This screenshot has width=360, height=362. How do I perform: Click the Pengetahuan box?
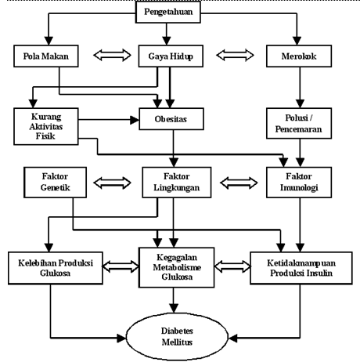pos(168,12)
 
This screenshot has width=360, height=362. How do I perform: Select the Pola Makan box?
pos(46,56)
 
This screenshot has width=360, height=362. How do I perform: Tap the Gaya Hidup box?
pos(171,56)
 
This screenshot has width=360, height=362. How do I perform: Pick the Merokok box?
pos(299,56)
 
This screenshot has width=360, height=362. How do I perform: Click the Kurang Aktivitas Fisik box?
pos(46,126)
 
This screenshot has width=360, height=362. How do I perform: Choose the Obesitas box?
pos(171,119)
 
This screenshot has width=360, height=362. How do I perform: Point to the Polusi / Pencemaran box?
pos(299,123)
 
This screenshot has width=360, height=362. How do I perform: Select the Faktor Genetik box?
pos(55,183)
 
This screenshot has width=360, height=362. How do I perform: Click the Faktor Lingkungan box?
pos(177,183)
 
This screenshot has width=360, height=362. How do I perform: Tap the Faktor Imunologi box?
pos(299,183)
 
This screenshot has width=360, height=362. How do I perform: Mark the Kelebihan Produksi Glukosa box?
pos(56,268)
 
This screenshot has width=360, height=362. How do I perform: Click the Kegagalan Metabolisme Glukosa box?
pos(177,267)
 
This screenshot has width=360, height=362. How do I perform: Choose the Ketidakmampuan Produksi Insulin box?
pos(301,268)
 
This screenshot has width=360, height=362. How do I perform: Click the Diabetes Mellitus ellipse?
pos(177,337)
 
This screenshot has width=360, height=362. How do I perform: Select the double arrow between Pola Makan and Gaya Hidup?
pos(112,56)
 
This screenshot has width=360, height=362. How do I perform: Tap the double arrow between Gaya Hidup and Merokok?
pos(235,56)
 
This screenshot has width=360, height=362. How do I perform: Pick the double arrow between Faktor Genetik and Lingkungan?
pos(112,183)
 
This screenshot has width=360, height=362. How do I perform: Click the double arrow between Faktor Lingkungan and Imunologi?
pos(239,183)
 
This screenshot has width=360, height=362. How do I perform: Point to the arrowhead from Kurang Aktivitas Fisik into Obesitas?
pos(135,120)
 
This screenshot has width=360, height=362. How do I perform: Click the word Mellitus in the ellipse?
pos(177,342)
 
